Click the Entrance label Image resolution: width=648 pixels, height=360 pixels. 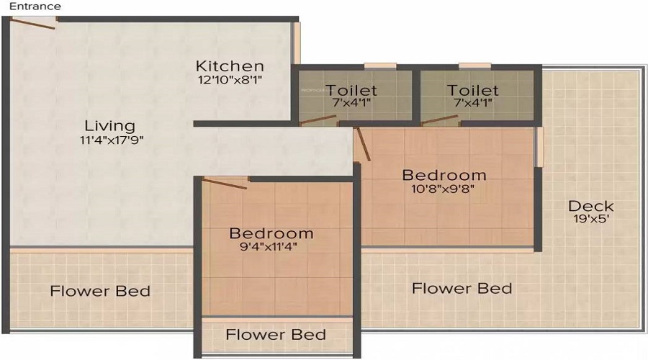point(35,6)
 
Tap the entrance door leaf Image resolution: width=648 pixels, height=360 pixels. point(33,24)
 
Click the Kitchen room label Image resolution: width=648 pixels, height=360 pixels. point(230,66)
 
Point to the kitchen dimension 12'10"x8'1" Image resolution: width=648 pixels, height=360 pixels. point(230,80)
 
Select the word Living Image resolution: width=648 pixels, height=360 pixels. point(110,126)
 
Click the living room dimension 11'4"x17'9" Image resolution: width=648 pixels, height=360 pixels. point(112,140)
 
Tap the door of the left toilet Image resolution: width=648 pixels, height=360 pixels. point(318,120)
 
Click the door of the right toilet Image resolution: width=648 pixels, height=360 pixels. point(440,120)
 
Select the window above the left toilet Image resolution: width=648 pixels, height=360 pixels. point(380,66)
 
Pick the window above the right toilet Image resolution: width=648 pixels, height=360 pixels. point(475,66)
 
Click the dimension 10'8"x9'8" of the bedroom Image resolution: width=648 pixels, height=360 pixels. point(443,189)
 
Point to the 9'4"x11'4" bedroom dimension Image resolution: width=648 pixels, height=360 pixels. point(269,247)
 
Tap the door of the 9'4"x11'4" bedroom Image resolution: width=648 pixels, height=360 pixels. point(225,184)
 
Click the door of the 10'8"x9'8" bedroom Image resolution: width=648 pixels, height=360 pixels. point(364,144)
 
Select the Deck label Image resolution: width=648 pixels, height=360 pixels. point(591,206)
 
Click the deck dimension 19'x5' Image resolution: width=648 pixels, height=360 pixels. point(591,219)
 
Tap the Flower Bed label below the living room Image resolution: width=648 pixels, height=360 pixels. point(100,291)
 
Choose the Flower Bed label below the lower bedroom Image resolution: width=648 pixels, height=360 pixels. point(276,334)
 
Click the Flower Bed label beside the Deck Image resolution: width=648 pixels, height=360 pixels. point(462,288)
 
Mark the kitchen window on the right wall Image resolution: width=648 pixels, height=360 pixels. point(297,43)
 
